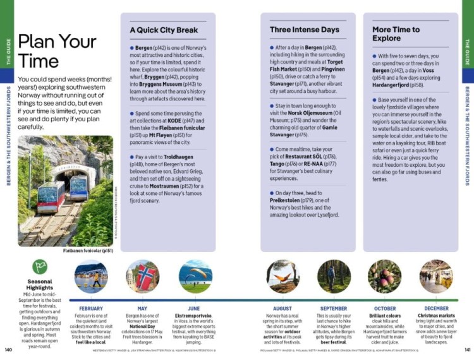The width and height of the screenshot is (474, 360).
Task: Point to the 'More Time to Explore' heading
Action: coord(396,33)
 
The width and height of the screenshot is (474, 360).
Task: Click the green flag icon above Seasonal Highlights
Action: coord(39,267)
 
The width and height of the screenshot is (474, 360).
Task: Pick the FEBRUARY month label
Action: coord(91,308)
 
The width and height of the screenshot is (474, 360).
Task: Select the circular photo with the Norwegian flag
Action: coord(142,276)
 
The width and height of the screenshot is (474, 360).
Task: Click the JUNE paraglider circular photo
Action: coord(195,276)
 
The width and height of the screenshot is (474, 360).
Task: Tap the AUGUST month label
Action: coord(283,308)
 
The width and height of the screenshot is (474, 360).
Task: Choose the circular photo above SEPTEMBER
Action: coord(334,276)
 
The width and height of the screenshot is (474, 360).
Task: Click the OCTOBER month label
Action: coord(384,308)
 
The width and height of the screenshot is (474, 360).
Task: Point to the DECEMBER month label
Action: coord(436,308)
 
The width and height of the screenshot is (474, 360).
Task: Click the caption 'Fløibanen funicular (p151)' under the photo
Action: coord(88,250)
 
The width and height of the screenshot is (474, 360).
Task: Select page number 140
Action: coord(8,349)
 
